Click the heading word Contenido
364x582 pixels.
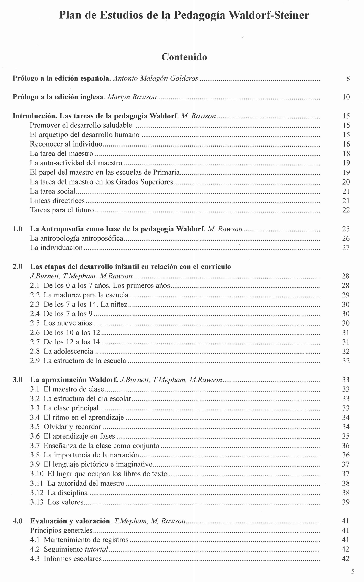tap(184, 57)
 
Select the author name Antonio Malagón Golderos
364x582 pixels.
tap(156, 78)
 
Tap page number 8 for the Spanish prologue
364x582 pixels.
tap(348, 79)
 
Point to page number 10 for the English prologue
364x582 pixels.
tap(346, 97)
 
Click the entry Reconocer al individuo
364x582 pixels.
tap(66, 144)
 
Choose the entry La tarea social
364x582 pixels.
tap(53, 191)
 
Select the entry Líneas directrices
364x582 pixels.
tap(57, 201)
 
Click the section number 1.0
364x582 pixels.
tap(18, 229)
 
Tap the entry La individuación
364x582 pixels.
tap(56, 248)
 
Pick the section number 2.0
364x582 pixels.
tap(18, 267)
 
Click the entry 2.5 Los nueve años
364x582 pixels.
tap(61, 323)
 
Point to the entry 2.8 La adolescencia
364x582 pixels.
tap(62, 351)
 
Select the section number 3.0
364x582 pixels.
tap(18, 380)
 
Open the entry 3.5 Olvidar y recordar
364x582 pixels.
tap(65, 427)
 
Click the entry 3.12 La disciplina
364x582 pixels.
tap(59, 493)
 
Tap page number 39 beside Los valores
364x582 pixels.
tap(346, 502)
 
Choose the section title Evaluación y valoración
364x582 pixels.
tap(71, 521)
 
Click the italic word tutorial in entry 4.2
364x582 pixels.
tap(97, 549)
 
